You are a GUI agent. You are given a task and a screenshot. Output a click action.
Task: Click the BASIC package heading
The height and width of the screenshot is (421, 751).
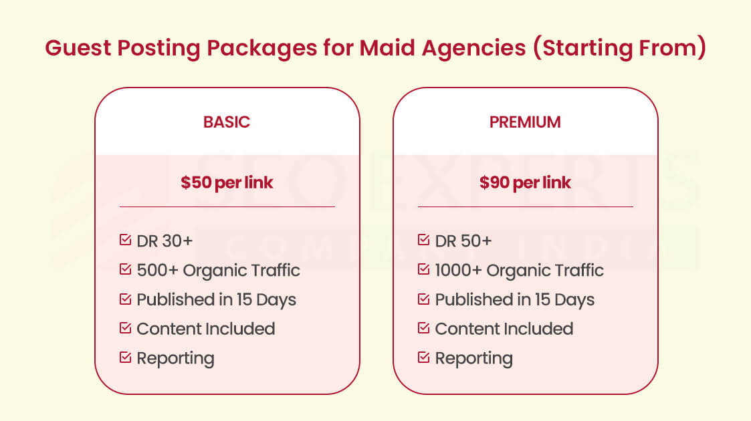(x=227, y=122)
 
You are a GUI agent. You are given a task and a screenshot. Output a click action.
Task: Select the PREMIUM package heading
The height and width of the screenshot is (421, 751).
(x=525, y=122)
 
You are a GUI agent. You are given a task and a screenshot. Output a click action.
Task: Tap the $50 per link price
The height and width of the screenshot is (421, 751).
(x=227, y=183)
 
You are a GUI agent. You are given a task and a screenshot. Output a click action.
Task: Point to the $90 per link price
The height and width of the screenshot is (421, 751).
(x=525, y=183)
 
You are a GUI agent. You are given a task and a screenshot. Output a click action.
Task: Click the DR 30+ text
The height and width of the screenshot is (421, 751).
(x=165, y=241)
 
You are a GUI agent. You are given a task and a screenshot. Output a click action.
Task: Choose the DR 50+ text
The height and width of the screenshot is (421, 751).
(x=463, y=241)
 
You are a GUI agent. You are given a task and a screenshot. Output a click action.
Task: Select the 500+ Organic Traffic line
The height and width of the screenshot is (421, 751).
(x=218, y=270)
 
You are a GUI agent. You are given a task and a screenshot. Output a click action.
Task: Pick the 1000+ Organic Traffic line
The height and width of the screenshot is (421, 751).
(x=519, y=270)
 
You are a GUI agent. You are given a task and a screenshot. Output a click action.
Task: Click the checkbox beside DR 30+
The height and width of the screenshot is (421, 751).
(x=125, y=240)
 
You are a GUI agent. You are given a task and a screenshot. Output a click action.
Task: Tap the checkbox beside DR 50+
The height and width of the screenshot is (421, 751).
(x=423, y=240)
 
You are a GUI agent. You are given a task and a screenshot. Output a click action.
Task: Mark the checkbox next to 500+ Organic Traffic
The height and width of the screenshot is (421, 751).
(x=125, y=269)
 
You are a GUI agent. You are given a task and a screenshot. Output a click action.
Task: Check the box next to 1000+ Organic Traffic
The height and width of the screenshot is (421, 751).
(x=423, y=269)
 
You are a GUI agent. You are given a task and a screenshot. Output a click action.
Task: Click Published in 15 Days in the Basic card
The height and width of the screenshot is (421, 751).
(x=216, y=299)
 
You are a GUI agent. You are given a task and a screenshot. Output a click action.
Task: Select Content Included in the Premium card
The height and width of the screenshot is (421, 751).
(x=504, y=329)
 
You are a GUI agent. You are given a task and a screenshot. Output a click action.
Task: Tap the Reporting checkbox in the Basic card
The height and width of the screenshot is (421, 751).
(x=125, y=358)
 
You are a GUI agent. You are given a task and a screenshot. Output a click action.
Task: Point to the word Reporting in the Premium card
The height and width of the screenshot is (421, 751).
(x=473, y=358)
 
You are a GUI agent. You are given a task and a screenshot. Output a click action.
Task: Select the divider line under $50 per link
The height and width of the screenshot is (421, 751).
(x=227, y=207)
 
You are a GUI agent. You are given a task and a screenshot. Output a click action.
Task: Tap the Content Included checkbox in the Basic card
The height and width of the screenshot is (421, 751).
(x=125, y=328)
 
